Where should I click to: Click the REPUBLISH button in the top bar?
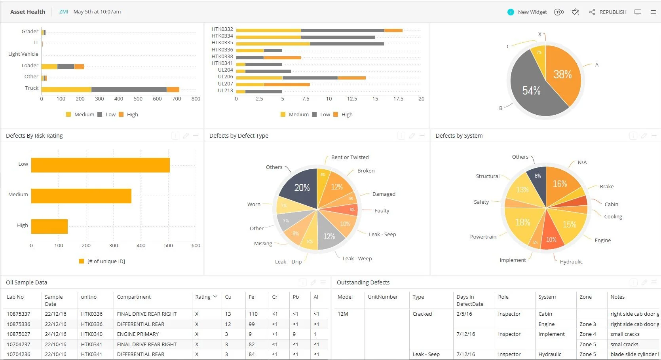pyautogui.click(x=612, y=12)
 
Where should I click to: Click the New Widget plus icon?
pyautogui.click(x=511, y=12)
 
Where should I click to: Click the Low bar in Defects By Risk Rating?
pyautogui.click(x=100, y=165)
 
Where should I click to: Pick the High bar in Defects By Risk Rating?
pyautogui.click(x=49, y=226)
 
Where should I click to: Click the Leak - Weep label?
pyautogui.click(x=357, y=258)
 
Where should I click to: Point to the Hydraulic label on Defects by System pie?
pyautogui.click(x=571, y=261)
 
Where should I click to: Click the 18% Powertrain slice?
pyautogui.click(x=522, y=224)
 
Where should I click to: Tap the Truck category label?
pyautogui.click(x=32, y=88)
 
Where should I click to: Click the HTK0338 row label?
pyautogui.click(x=222, y=57)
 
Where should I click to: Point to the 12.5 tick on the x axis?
pyautogui.click(x=352, y=99)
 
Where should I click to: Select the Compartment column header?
pyautogui.click(x=134, y=297)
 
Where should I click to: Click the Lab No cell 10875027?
pyautogui.click(x=18, y=334)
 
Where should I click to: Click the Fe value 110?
pyautogui.click(x=253, y=314)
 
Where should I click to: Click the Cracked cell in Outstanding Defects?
pyautogui.click(x=422, y=314)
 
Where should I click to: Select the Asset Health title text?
pyautogui.click(x=28, y=12)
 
